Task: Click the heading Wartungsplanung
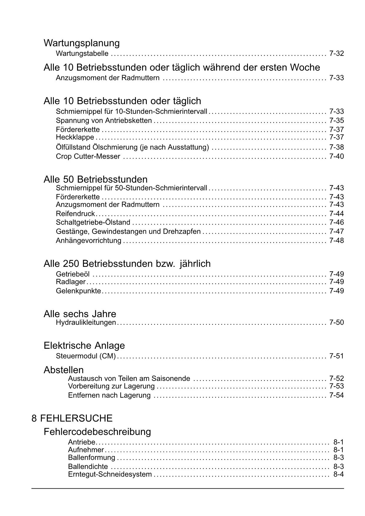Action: pyautogui.click(x=81, y=43)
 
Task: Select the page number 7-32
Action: pyautogui.click(x=336, y=54)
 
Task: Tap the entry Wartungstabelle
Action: pyautogui.click(x=82, y=54)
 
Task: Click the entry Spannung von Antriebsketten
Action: pyautogui.click(x=104, y=121)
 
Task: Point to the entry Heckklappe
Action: pyautogui.click(x=75, y=137)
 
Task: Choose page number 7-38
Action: pyautogui.click(x=336, y=147)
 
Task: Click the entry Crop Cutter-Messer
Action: pyautogui.click(x=88, y=157)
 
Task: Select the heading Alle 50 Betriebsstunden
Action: pyautogui.click(x=96, y=179)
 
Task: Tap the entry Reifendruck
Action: pyautogui.click(x=75, y=214)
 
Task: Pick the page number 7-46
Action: pyautogui.click(x=336, y=222)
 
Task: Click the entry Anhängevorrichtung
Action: pyautogui.click(x=89, y=241)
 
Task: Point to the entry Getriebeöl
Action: pyautogui.click(x=73, y=274)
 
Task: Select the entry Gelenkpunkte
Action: pyautogui.click(x=78, y=291)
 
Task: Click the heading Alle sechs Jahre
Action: pyautogui.click(x=80, y=314)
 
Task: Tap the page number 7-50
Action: pyautogui.click(x=336, y=322)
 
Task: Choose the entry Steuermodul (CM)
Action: pyautogui.click(x=86, y=356)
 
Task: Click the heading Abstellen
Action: pyautogui.click(x=64, y=370)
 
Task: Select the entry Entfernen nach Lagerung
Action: pyautogui.click(x=109, y=395)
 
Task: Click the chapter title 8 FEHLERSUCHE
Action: pyautogui.click(x=72, y=418)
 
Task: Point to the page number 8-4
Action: pyautogui.click(x=338, y=474)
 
